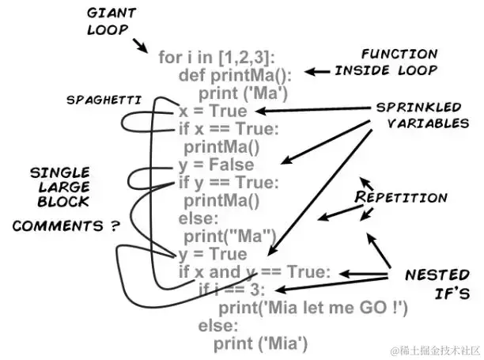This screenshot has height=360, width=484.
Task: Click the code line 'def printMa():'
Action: click(x=235, y=76)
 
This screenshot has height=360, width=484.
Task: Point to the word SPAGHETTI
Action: click(x=104, y=100)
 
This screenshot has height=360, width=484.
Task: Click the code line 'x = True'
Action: click(x=212, y=112)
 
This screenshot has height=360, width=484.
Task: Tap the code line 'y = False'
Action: click(x=216, y=165)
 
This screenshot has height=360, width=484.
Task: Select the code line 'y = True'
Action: click(x=212, y=254)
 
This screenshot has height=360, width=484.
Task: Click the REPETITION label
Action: click(x=402, y=197)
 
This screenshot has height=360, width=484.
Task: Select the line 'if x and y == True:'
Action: click(x=252, y=272)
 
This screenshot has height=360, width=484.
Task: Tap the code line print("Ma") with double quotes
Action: click(x=229, y=236)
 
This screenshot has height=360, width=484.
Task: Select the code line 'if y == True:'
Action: click(x=228, y=183)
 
